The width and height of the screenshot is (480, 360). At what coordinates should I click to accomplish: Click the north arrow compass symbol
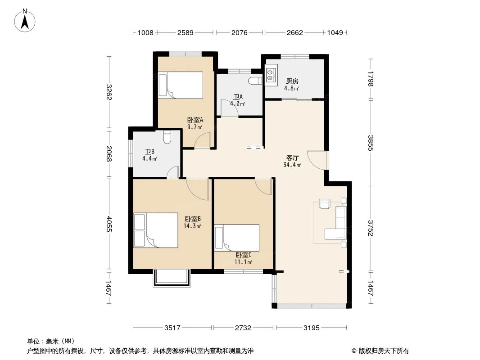[25, 20]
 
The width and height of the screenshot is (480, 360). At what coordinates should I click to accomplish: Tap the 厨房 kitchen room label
[292, 81]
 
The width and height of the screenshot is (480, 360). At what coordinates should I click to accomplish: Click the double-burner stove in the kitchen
[271, 73]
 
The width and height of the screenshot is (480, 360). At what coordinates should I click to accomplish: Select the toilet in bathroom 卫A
[255, 81]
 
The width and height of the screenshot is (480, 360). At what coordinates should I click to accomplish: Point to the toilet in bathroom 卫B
[167, 137]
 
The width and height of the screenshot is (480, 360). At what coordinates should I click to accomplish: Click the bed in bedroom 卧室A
[180, 85]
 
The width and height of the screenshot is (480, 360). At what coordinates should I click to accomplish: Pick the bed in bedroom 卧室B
[156, 230]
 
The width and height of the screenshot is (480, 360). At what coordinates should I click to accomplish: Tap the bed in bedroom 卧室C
[237, 238]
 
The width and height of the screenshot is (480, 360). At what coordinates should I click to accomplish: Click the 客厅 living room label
[292, 158]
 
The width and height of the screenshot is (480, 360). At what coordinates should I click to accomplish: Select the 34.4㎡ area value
[292, 165]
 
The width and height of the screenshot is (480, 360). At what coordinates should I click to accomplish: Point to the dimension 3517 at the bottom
[172, 328]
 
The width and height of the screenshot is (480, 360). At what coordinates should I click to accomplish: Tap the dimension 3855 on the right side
[371, 143]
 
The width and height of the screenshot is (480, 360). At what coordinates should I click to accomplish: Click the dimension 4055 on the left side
[109, 224]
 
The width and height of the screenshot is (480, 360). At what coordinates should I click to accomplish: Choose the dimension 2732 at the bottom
[243, 328]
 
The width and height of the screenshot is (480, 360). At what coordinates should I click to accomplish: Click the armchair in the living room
[325, 203]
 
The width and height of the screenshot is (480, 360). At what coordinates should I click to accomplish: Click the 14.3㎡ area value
[192, 226]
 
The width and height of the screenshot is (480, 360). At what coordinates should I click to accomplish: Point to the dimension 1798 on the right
[371, 79]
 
